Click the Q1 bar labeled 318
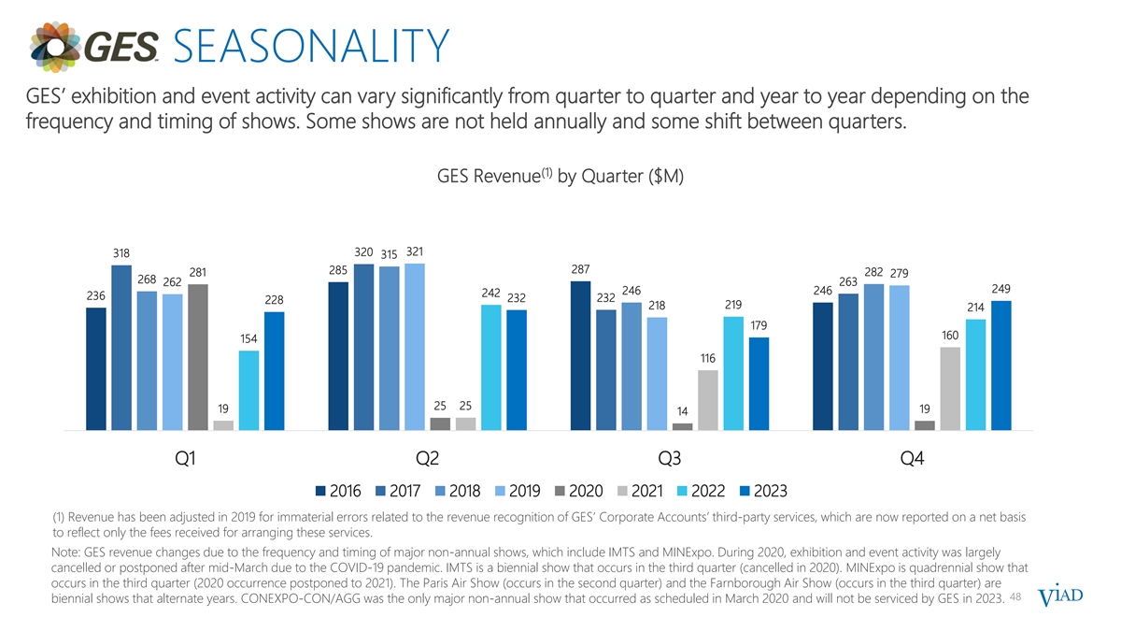click(121, 348)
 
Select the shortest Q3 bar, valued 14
click(683, 426)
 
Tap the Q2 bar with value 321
click(415, 346)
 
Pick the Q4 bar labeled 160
click(950, 388)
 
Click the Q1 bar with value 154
click(248, 390)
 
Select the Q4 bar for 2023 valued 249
click(1001, 366)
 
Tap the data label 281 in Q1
click(198, 272)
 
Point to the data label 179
click(759, 325)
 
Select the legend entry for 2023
click(762, 491)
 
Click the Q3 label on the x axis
click(670, 458)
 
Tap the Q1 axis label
click(186, 458)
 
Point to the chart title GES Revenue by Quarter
click(560, 178)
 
